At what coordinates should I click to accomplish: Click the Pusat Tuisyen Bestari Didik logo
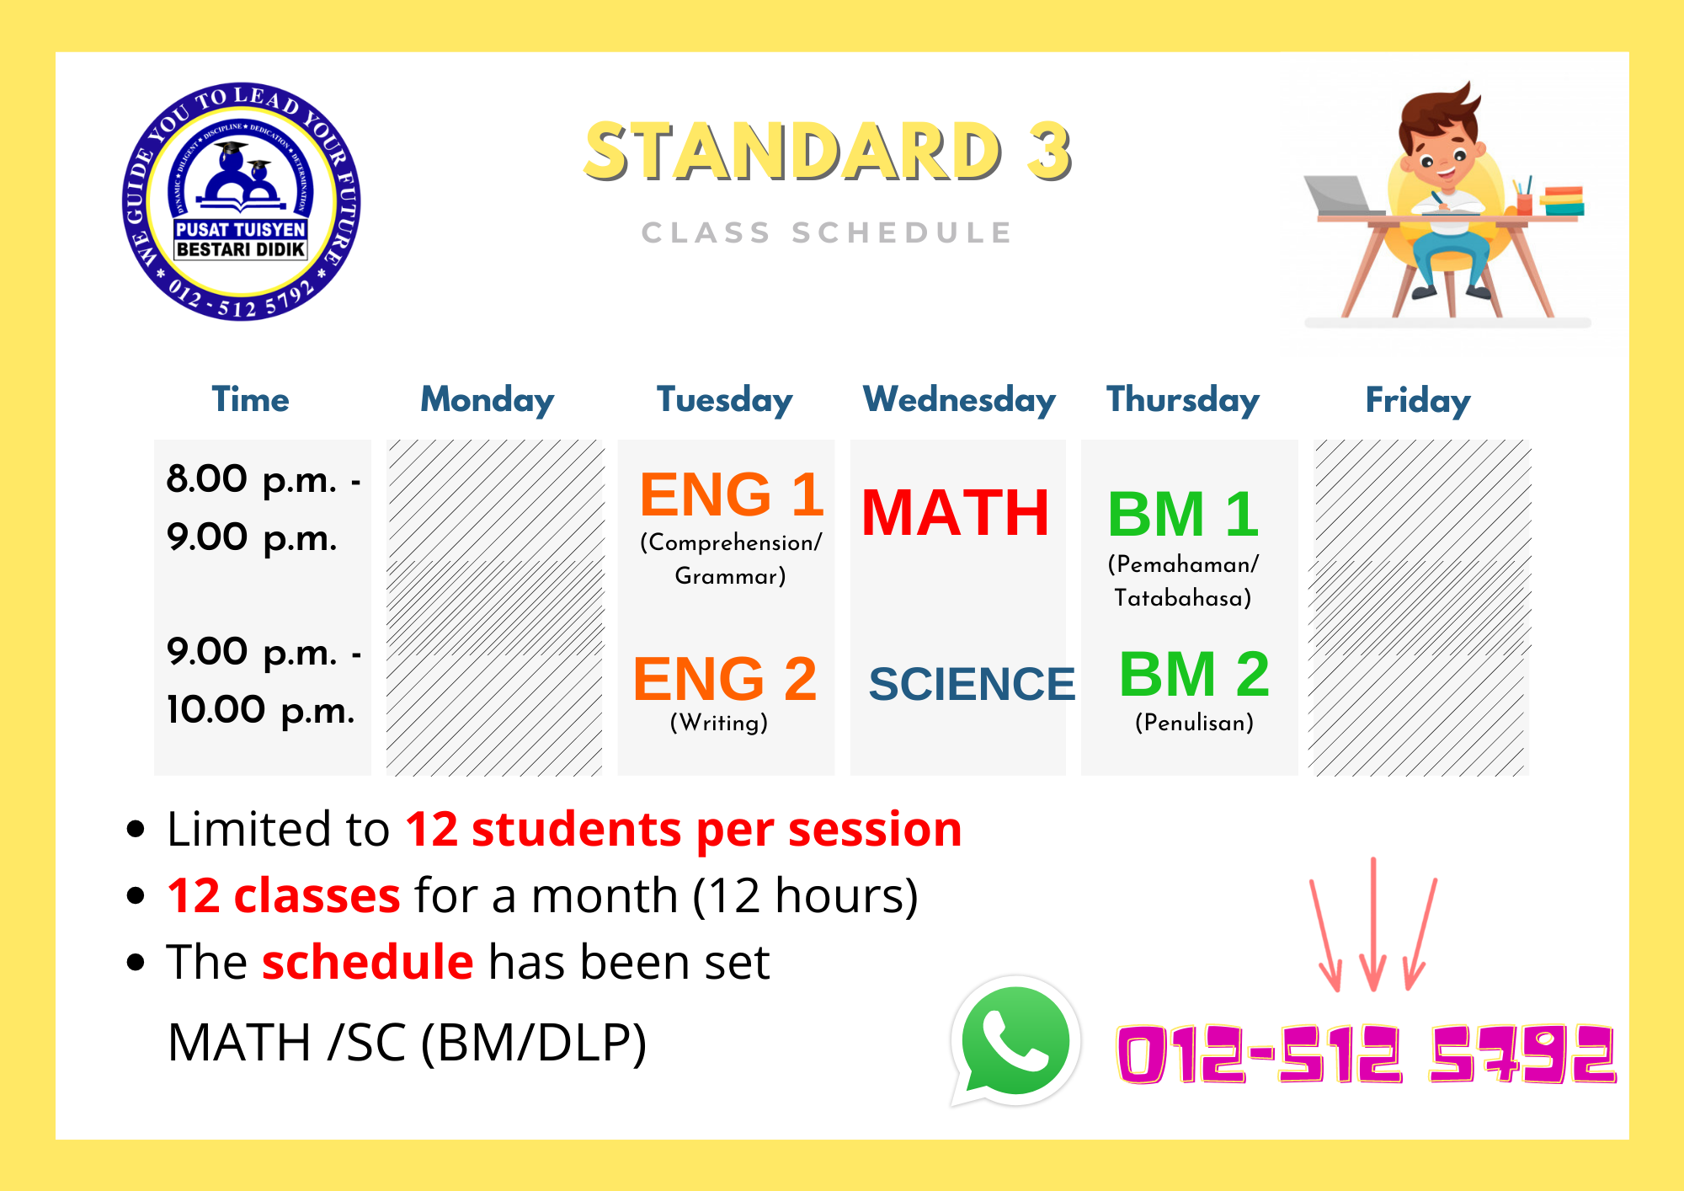tap(242, 201)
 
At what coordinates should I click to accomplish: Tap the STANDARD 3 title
tap(829, 152)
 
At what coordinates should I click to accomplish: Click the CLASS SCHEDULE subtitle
tap(827, 232)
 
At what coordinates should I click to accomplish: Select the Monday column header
tap(488, 400)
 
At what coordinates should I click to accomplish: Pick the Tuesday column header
tap(725, 400)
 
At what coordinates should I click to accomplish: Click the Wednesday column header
tap(959, 400)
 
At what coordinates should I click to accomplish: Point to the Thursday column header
tap(1183, 400)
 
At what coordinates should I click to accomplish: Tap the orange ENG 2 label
tap(725, 679)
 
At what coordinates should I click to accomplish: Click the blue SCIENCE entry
tap(972, 683)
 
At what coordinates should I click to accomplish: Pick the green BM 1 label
tap(1183, 514)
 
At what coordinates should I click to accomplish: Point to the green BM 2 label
tap(1194, 674)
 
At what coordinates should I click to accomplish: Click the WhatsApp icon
tap(1015, 1042)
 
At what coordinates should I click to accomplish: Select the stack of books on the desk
tap(1562, 201)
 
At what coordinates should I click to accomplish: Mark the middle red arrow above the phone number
tap(1373, 924)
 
